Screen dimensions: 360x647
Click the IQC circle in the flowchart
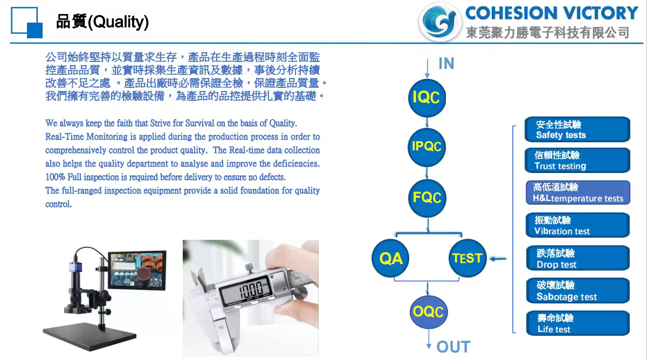coord(427,98)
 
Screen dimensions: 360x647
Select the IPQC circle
coord(427,147)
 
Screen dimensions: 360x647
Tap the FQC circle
coord(427,198)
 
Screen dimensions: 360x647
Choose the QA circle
coord(391,259)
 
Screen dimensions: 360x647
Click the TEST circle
coord(467,259)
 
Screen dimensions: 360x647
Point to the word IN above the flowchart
coord(446,64)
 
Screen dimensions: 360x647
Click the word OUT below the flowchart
coord(453,347)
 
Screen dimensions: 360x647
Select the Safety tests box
coord(577,130)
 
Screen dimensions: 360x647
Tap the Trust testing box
coord(577,161)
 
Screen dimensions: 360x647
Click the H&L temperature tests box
coord(577,193)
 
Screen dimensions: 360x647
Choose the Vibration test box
coord(577,225)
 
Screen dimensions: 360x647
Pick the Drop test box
coord(577,258)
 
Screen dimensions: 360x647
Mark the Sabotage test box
coord(577,290)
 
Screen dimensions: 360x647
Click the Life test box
coord(577,323)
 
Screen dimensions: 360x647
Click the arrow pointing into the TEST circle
coord(498,259)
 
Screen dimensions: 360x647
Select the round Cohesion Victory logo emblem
coord(440,22)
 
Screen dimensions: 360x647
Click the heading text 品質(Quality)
coord(102,22)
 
